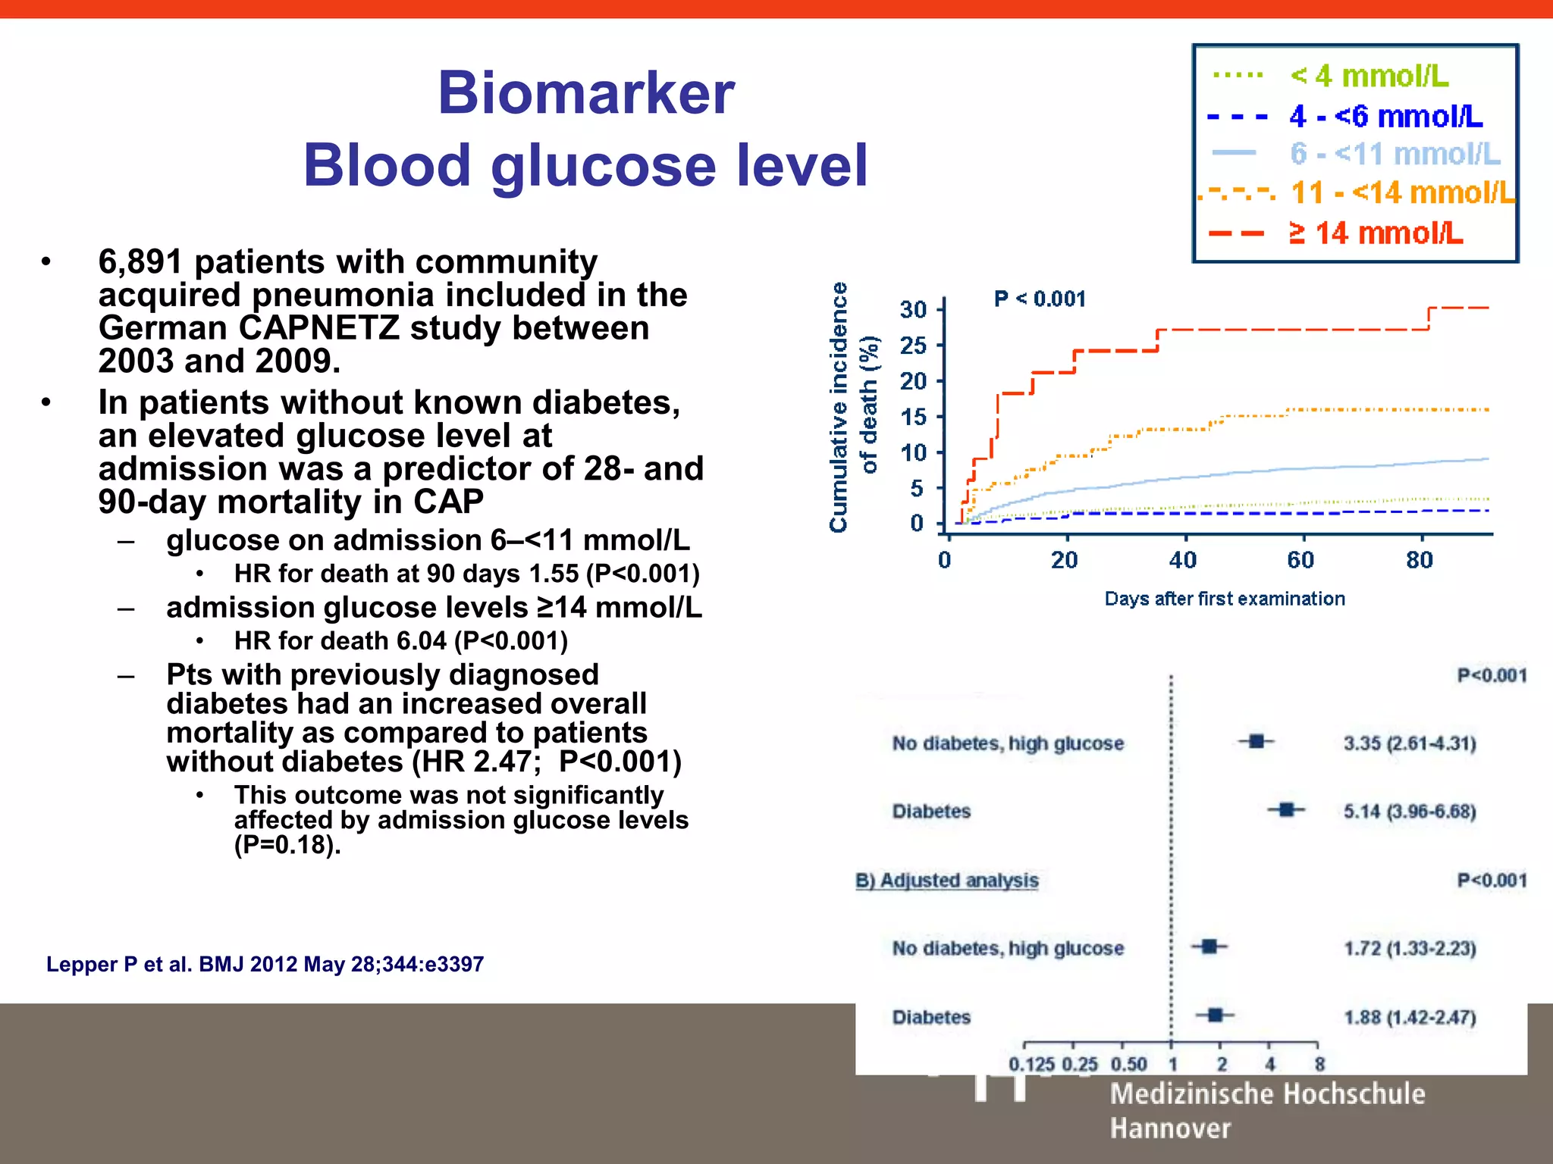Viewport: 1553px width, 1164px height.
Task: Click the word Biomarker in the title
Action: point(585,93)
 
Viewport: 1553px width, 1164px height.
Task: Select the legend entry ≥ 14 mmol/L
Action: point(1375,233)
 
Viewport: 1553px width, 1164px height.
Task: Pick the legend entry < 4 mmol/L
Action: point(1369,76)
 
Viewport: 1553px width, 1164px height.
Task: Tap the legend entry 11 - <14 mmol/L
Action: point(1401,192)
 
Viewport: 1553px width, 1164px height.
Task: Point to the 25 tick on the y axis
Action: point(914,346)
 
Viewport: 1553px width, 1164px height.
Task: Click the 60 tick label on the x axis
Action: point(1300,560)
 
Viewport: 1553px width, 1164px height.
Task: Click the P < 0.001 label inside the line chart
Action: point(1040,299)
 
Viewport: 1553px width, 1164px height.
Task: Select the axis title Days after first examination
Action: point(1225,599)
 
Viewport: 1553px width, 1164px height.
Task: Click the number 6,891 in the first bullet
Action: point(140,262)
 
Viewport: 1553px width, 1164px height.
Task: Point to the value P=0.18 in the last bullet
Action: point(284,845)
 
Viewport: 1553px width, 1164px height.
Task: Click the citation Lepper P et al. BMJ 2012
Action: point(265,964)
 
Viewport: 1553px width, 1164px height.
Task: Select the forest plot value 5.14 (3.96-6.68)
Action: point(1410,812)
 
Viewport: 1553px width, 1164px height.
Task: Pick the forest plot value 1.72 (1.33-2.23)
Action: point(1410,949)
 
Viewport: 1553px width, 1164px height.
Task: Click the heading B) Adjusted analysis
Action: point(946,881)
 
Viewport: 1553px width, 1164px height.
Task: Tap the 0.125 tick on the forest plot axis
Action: point(1031,1064)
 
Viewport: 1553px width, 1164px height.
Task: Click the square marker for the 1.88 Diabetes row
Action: point(1215,1015)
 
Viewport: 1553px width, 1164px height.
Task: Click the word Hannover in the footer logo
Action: point(1170,1128)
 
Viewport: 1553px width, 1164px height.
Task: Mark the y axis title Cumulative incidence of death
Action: point(852,407)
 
